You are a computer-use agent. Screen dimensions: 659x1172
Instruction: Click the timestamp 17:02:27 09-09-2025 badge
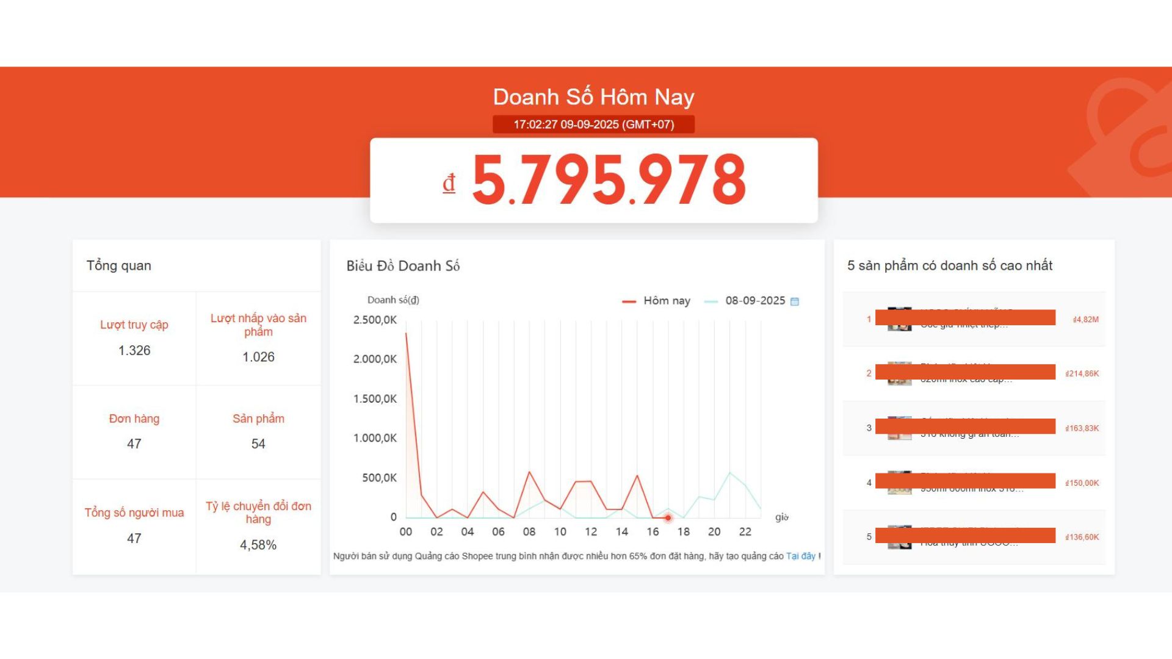pyautogui.click(x=593, y=124)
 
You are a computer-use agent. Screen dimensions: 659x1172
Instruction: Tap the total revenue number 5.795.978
pyautogui.click(x=609, y=179)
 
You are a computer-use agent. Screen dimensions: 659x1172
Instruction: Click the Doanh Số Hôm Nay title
pyautogui.click(x=593, y=97)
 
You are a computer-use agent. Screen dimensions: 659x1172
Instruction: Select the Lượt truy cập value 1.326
pyautogui.click(x=134, y=351)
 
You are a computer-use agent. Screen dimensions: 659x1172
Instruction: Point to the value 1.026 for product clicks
pyautogui.click(x=258, y=357)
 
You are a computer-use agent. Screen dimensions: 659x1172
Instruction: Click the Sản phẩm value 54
pyautogui.click(x=258, y=444)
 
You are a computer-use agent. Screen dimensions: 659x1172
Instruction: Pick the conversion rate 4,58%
pyautogui.click(x=258, y=545)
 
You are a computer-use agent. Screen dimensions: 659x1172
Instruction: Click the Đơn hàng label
pyautogui.click(x=134, y=419)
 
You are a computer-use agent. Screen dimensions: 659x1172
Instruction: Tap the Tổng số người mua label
pyautogui.click(x=134, y=513)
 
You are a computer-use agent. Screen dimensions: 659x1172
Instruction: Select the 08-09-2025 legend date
pyautogui.click(x=755, y=301)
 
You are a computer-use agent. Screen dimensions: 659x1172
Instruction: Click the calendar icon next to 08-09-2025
pyautogui.click(x=795, y=301)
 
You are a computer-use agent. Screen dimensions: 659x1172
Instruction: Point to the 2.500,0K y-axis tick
pyautogui.click(x=375, y=320)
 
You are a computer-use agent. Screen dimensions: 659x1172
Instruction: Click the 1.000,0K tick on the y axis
pyautogui.click(x=375, y=438)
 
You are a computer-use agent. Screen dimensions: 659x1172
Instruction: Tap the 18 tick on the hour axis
pyautogui.click(x=684, y=532)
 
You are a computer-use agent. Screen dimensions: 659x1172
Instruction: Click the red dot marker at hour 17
pyautogui.click(x=668, y=518)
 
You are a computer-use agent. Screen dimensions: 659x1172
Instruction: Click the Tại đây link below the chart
pyautogui.click(x=800, y=556)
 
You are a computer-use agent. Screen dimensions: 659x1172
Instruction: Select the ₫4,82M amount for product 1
pyautogui.click(x=1085, y=320)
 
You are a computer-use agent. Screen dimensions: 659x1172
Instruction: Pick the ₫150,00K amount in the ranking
pyautogui.click(x=1082, y=483)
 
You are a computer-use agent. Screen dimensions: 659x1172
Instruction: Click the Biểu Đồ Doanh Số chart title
pyautogui.click(x=403, y=266)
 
